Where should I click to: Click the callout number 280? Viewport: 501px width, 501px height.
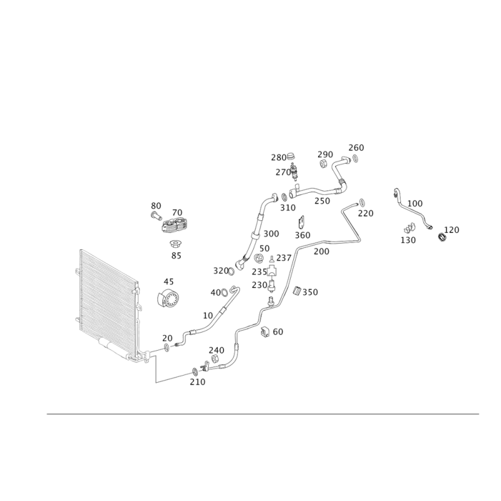(x=279, y=158)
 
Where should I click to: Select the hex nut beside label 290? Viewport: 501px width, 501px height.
(x=323, y=163)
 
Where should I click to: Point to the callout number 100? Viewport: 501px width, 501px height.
(x=415, y=203)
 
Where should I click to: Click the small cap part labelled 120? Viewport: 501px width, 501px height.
(x=442, y=237)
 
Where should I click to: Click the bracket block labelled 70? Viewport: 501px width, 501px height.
(x=175, y=225)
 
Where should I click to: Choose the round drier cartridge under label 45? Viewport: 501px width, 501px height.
(x=168, y=299)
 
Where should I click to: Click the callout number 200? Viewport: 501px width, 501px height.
(x=321, y=252)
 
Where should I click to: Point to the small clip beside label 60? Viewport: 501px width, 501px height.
(x=265, y=332)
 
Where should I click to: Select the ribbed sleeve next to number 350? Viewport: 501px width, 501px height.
(x=297, y=291)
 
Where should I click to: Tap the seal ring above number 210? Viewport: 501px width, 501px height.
(x=195, y=371)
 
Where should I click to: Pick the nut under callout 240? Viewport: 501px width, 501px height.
(x=215, y=359)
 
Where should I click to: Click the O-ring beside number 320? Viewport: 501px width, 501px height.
(x=231, y=272)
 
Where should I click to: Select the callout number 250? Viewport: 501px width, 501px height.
(x=322, y=201)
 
